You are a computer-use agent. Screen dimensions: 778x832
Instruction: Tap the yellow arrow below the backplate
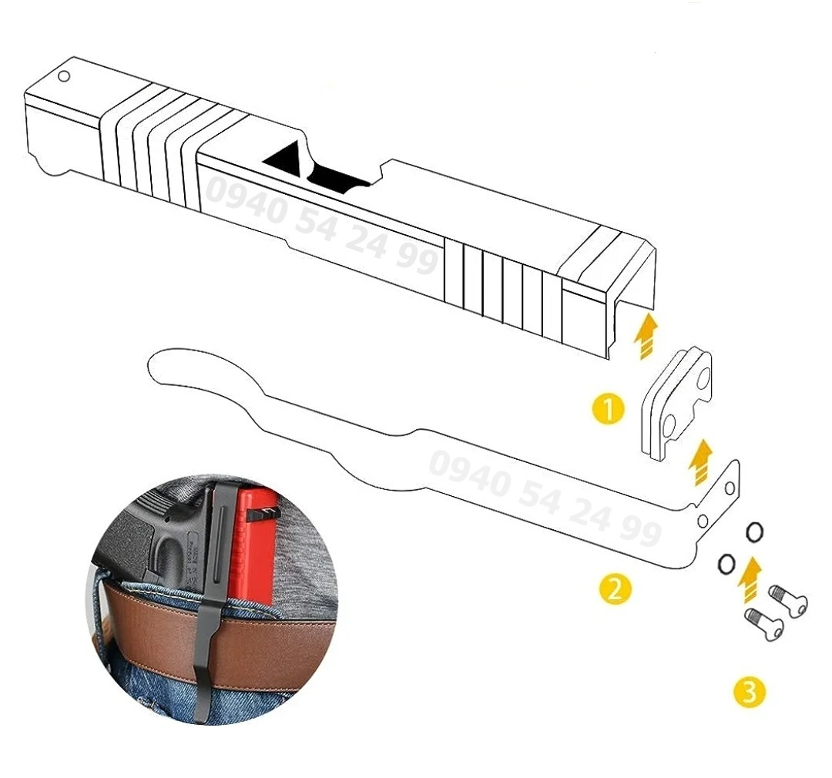(699, 461)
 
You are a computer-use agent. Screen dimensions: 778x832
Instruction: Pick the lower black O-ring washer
(725, 564)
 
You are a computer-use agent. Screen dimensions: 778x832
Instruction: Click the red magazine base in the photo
(252, 539)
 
